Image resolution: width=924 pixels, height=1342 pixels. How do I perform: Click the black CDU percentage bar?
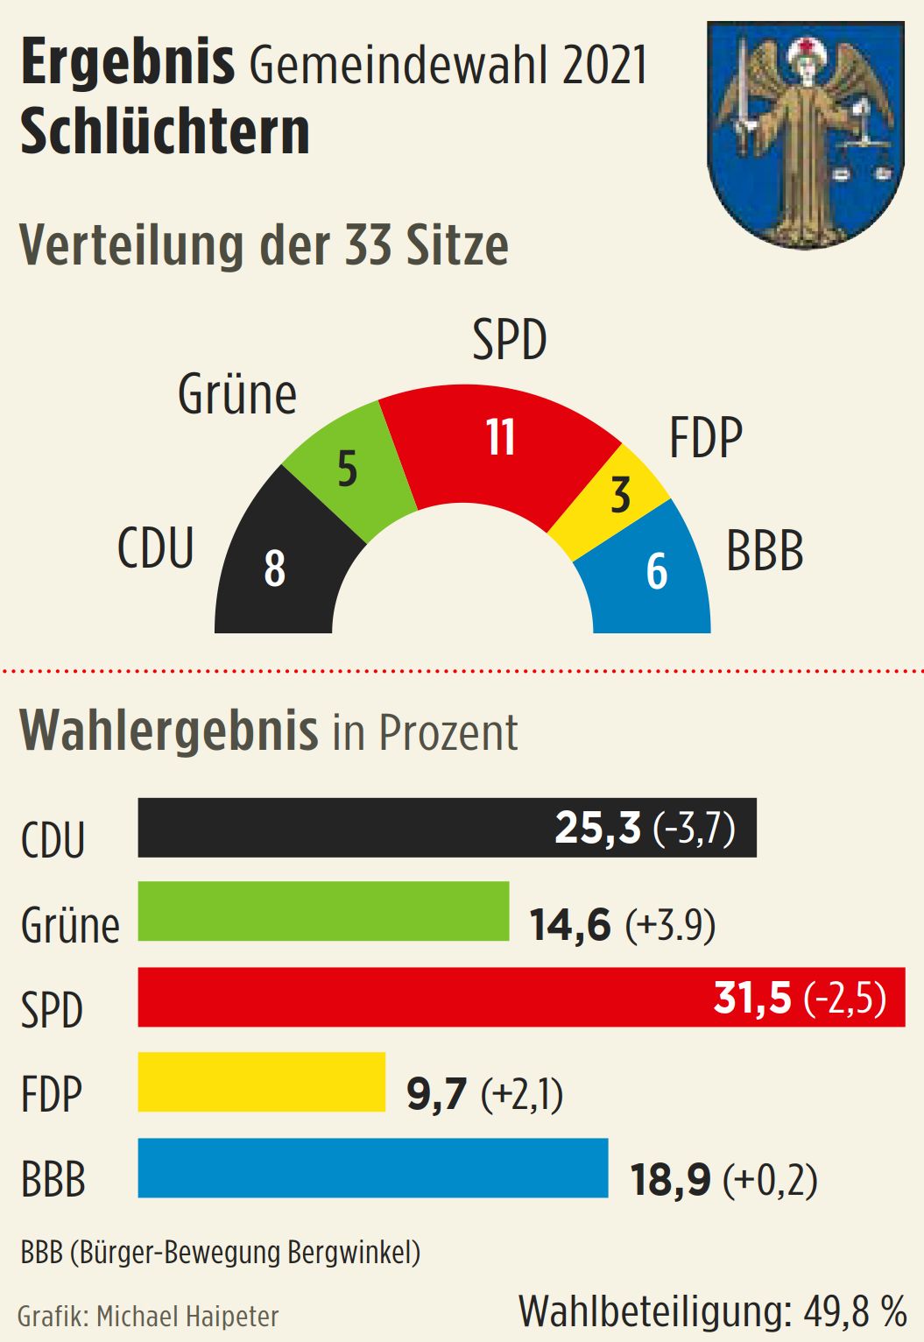pos(350,827)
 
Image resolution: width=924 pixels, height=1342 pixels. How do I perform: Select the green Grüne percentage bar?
pos(323,912)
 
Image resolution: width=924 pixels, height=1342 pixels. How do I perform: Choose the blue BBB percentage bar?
pos(372,1168)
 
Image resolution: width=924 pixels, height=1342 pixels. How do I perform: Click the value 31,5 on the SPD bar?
pos(752,998)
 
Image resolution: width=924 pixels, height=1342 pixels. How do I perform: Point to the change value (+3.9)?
pos(670,925)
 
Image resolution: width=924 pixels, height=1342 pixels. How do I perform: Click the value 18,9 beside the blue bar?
pos(671,1180)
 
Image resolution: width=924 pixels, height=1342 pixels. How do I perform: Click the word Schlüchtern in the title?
pos(166,133)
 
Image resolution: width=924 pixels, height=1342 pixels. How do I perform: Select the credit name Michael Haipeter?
pos(187,1317)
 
